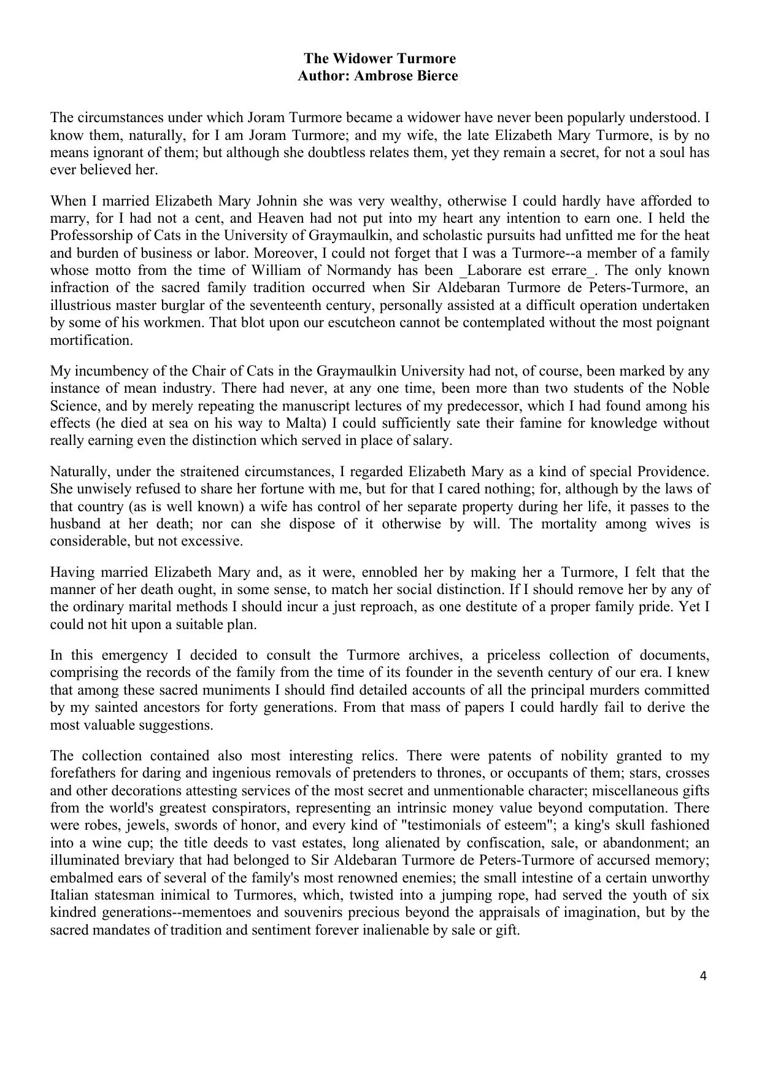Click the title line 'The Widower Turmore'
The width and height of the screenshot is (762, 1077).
(380, 59)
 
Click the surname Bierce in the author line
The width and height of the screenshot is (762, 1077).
(436, 76)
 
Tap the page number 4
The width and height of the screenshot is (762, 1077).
(703, 976)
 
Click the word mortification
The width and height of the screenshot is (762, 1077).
(91, 340)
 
